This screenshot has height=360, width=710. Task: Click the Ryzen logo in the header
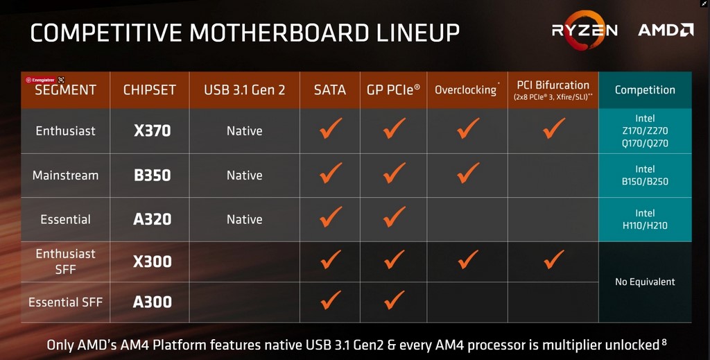tap(585, 31)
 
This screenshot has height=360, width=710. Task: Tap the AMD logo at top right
tap(666, 30)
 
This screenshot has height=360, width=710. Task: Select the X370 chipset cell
tap(152, 131)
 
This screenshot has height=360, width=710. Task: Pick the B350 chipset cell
tap(152, 175)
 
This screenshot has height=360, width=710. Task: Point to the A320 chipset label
tap(152, 219)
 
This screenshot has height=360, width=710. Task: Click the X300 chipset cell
tap(152, 262)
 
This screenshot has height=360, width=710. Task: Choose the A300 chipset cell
tap(152, 302)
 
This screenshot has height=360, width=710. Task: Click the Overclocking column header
tap(467, 89)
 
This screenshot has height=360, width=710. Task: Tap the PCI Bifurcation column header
tap(553, 89)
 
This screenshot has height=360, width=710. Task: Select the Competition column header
tap(645, 89)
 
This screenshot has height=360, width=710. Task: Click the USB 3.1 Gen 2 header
tap(245, 89)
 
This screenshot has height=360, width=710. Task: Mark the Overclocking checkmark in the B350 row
tap(468, 173)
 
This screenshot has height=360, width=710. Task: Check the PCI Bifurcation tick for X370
tap(554, 128)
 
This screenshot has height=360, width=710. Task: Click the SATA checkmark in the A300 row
tap(331, 300)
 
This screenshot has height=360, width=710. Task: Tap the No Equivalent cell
tap(645, 282)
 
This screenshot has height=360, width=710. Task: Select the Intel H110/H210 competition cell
tap(645, 219)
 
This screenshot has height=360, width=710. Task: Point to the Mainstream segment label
tap(66, 175)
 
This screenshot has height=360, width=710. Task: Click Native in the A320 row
tap(245, 219)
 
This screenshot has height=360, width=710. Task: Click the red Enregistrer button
tap(41, 80)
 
